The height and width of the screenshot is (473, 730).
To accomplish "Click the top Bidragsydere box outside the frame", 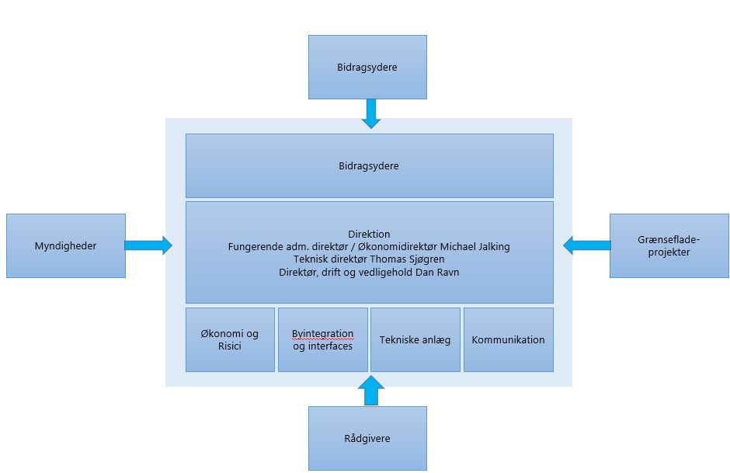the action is (x=367, y=67).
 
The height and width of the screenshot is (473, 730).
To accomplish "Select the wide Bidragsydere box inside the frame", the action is (x=369, y=165).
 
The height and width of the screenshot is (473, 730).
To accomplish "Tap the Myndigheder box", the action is (x=66, y=245).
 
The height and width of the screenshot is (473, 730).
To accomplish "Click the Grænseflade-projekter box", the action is (x=669, y=245).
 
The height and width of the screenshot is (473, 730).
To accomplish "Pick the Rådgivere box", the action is (x=367, y=438).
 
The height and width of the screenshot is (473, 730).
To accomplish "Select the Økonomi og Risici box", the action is (x=230, y=340).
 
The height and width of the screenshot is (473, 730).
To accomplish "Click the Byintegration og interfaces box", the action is (x=322, y=340).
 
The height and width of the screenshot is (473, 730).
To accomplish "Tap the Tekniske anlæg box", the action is (x=415, y=340).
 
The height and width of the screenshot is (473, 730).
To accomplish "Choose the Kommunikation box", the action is (x=509, y=340).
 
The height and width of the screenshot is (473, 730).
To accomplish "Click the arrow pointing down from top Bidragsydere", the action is (x=371, y=113).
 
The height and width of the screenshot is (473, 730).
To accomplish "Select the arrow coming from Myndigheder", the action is (x=148, y=245).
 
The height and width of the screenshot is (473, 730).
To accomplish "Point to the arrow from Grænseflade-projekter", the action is (x=586, y=245).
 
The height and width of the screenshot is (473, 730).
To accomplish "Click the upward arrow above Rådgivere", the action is (x=371, y=390).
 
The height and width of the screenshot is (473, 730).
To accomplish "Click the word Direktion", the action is (x=369, y=234).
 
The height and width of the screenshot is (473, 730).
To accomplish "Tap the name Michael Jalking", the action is (x=474, y=247).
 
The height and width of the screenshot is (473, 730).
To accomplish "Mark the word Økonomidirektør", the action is (x=398, y=247).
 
